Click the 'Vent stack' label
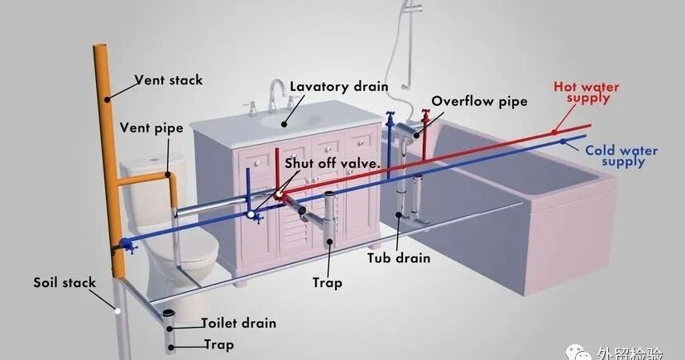click(x=169, y=80)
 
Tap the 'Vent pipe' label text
click(x=151, y=128)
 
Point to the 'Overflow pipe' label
click(x=479, y=102)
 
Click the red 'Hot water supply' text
click(x=587, y=92)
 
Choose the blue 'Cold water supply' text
click(x=620, y=156)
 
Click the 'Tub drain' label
click(x=399, y=257)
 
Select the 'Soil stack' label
click(x=65, y=282)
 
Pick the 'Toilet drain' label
click(x=238, y=323)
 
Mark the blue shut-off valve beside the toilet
click(x=127, y=245)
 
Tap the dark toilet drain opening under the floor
click(x=169, y=315)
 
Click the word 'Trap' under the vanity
click(x=328, y=282)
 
